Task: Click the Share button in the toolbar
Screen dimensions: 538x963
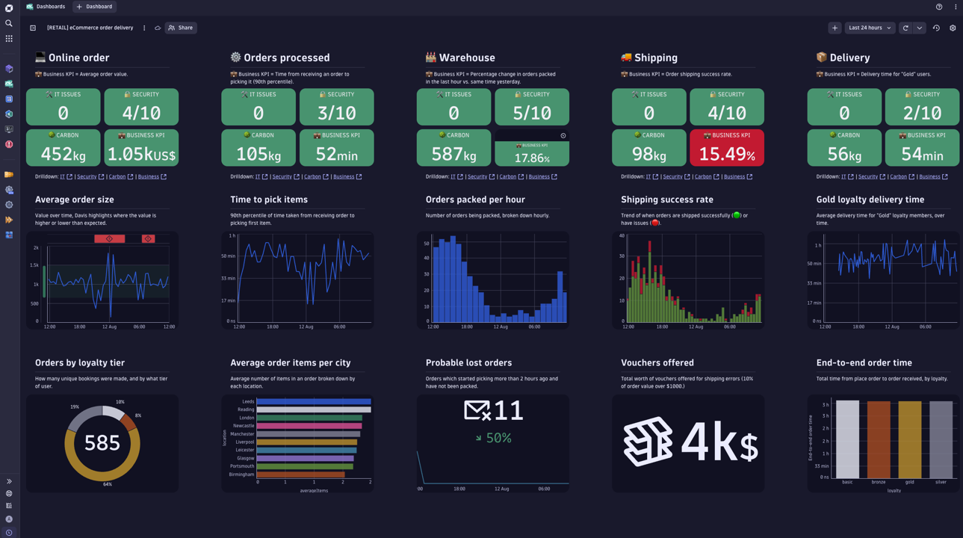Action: point(181,28)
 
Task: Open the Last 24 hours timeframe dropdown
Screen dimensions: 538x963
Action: point(870,28)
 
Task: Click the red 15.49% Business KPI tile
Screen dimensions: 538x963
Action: point(726,148)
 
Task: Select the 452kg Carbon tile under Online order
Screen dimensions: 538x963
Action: point(64,148)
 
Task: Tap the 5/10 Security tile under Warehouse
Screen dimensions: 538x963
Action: point(531,107)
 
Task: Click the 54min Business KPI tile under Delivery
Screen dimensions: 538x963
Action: point(922,148)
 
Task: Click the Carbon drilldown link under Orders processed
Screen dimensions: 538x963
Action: point(312,177)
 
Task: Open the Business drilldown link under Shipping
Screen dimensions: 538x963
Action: point(734,177)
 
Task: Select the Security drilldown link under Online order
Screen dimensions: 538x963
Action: point(87,177)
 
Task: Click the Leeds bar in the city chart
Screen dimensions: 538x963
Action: point(313,401)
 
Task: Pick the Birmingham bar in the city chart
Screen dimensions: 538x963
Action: point(300,474)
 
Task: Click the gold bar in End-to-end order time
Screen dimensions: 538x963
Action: point(909,439)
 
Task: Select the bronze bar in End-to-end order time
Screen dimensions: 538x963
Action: point(879,439)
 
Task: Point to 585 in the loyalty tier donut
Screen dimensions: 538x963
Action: point(102,443)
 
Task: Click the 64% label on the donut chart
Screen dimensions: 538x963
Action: point(108,484)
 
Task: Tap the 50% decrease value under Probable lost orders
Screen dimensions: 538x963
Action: point(498,438)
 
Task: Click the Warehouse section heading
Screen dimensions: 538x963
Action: point(466,58)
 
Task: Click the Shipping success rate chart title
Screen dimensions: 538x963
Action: point(666,200)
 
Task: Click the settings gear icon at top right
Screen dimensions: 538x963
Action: point(953,28)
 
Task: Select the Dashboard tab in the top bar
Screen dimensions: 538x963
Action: point(95,7)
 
